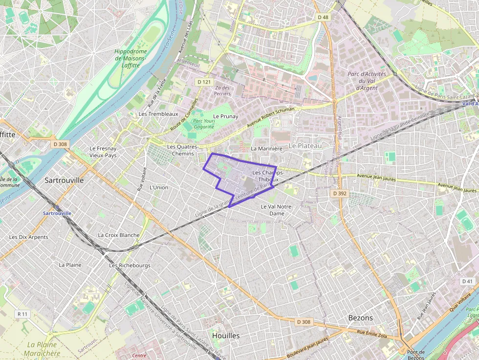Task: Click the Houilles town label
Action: (x=226, y=336)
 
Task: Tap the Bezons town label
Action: (x=360, y=318)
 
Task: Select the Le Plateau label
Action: (x=305, y=146)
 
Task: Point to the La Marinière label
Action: (x=266, y=148)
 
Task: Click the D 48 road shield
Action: (x=323, y=18)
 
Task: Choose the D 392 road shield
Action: (x=339, y=193)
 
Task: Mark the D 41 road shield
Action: (x=467, y=281)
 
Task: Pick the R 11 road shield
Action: (x=22, y=314)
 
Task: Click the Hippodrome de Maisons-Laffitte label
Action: (x=131, y=58)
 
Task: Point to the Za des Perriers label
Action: (x=222, y=90)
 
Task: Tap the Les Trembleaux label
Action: (x=158, y=114)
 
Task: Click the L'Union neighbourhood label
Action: (x=158, y=187)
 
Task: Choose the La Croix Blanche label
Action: (x=119, y=235)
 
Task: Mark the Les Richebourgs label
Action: (x=130, y=265)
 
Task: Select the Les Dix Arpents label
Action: (x=29, y=237)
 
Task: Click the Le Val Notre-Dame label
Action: (x=277, y=210)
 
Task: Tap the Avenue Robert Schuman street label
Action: (x=271, y=116)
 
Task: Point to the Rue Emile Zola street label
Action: (x=371, y=333)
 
